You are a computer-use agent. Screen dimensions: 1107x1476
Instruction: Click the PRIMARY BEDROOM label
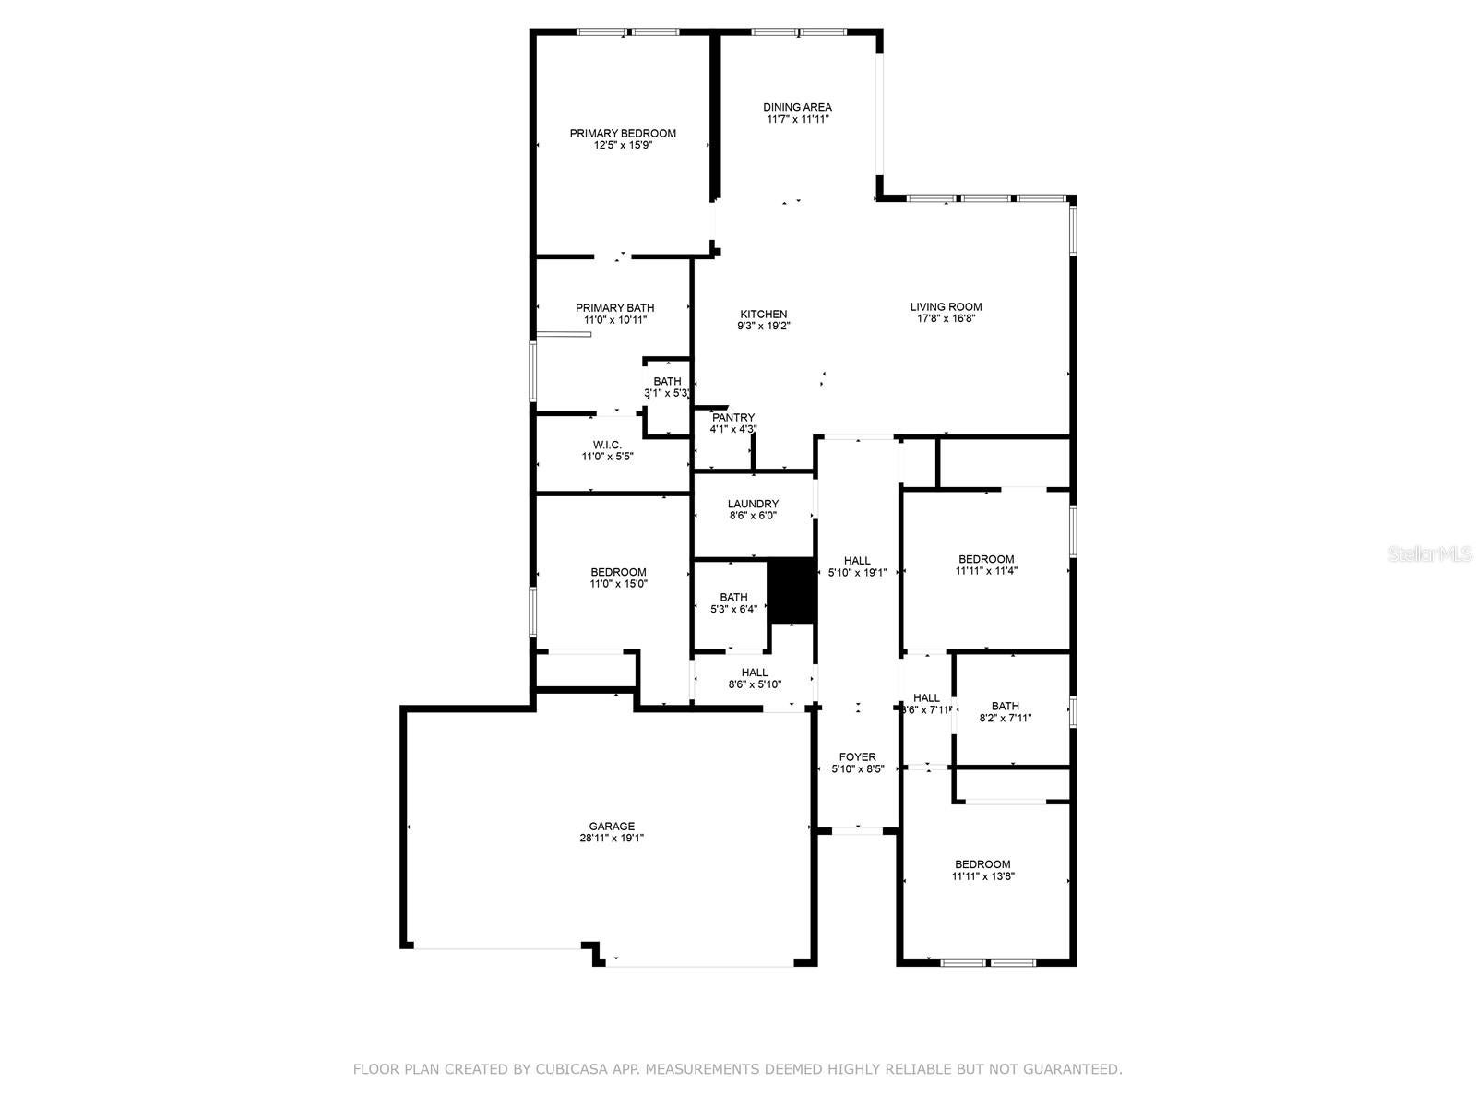click(623, 133)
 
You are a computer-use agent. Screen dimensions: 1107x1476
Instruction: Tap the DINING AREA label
click(797, 107)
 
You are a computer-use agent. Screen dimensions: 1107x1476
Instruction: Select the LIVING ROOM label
click(946, 307)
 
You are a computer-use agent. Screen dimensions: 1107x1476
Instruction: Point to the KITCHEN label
click(763, 314)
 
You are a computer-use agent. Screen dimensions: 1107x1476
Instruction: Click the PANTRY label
click(733, 418)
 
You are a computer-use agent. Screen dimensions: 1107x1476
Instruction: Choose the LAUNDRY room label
click(753, 504)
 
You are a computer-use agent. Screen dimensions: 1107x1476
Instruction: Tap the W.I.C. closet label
click(607, 445)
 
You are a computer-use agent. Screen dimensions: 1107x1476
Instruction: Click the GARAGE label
click(612, 827)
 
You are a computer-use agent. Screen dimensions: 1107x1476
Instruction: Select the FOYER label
click(857, 757)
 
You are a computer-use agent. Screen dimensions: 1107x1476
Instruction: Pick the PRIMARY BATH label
click(614, 308)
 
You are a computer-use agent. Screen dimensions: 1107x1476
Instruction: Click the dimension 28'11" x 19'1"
click(612, 839)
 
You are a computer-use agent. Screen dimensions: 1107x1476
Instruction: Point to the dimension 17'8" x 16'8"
click(946, 319)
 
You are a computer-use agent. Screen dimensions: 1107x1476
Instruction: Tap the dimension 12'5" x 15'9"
click(623, 145)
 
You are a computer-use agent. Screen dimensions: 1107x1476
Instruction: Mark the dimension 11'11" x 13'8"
click(982, 876)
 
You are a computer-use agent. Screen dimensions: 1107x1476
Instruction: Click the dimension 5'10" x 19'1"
click(857, 573)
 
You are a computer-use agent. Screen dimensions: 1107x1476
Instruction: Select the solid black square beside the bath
click(792, 591)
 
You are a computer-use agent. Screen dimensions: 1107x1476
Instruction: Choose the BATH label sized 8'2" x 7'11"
click(1005, 706)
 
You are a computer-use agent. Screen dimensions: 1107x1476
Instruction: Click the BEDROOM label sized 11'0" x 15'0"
click(618, 572)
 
